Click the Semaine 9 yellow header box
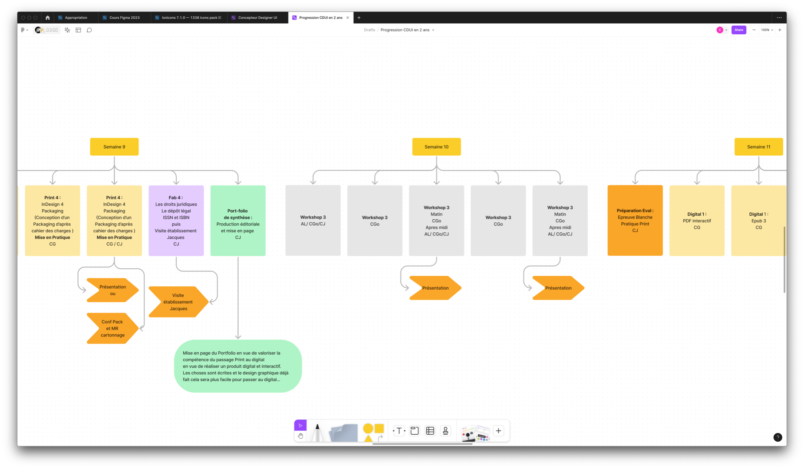pos(114,147)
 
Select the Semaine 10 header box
pos(436,147)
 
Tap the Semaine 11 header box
pos(758,147)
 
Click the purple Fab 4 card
pos(176,221)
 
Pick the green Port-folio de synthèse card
pos(238,221)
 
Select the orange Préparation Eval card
pos(635,221)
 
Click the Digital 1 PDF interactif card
pos(697,221)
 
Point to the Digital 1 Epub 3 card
pos(758,221)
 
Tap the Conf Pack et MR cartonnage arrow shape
pos(113,328)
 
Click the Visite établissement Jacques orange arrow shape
pos(178,302)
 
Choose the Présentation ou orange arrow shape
pos(113,290)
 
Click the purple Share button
pos(738,30)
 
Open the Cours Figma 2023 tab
pos(124,18)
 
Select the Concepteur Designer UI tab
pos(257,18)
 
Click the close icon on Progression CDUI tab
pos(347,18)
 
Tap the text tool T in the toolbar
pos(399,431)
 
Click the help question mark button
pos(778,437)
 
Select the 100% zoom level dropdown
pos(767,30)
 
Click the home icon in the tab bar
pos(48,18)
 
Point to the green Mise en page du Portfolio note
pos(238,366)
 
